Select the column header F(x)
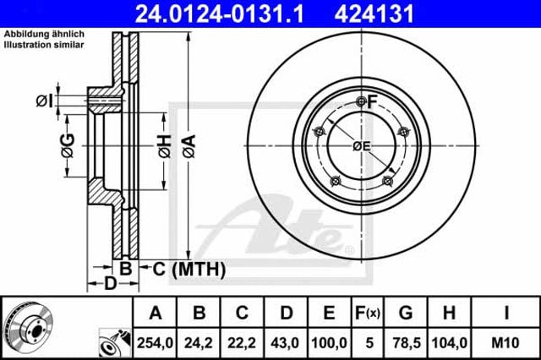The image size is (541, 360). pos(366,314)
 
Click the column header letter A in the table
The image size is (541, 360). pos(156,314)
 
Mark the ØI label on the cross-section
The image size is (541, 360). pos(44,102)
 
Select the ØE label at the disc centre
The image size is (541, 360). pos(361,146)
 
